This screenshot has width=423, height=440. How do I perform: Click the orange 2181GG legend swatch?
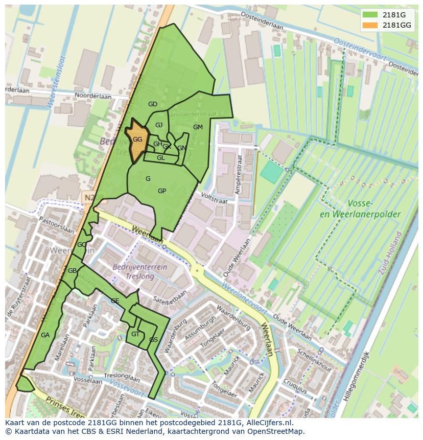pyautogui.click(x=370, y=25)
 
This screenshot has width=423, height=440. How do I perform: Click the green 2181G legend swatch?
pyautogui.click(x=370, y=15)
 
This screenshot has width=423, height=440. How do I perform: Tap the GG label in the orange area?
pyautogui.click(x=137, y=140)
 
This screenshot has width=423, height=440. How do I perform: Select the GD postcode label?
pyautogui.click(x=153, y=104)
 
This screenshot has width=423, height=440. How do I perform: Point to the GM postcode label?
pyautogui.click(x=198, y=127)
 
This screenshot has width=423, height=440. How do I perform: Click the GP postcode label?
pyautogui.click(x=162, y=191)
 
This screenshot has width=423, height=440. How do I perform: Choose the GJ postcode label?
pyautogui.click(x=159, y=125)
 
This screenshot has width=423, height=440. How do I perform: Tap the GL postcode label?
pyautogui.click(x=161, y=158)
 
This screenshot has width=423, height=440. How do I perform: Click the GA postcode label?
pyautogui.click(x=45, y=335)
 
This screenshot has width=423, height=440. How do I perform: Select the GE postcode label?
pyautogui.click(x=115, y=301)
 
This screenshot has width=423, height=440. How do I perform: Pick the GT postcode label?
pyautogui.click(x=135, y=334)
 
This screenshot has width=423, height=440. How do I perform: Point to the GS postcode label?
pyautogui.click(x=153, y=340)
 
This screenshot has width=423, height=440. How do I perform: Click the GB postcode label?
pyautogui.click(x=72, y=270)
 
